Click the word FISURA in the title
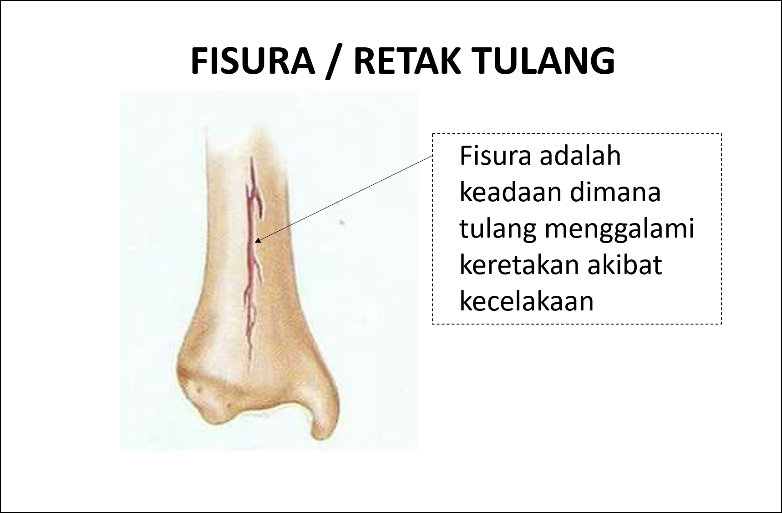pos(253,61)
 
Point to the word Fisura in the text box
pos(495,156)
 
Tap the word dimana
pos(615,192)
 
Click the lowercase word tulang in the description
pos(498,229)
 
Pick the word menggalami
pos(620,229)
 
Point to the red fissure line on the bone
pos(250,255)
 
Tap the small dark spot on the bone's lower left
pos(199,390)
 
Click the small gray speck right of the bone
pos(341,223)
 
